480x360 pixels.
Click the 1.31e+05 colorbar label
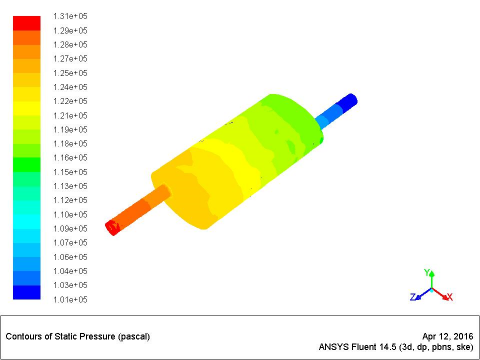[70, 16]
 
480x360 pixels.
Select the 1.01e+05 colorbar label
[70, 299]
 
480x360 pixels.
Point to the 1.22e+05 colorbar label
[70, 101]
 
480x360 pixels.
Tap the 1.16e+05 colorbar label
[70, 158]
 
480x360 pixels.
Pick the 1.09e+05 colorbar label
[70, 229]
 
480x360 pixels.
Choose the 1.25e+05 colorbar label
[70, 73]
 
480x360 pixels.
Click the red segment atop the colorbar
[27, 23]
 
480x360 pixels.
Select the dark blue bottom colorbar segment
[27, 292]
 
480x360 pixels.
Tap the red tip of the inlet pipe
[112, 228]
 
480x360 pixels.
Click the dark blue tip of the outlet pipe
[350, 100]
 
